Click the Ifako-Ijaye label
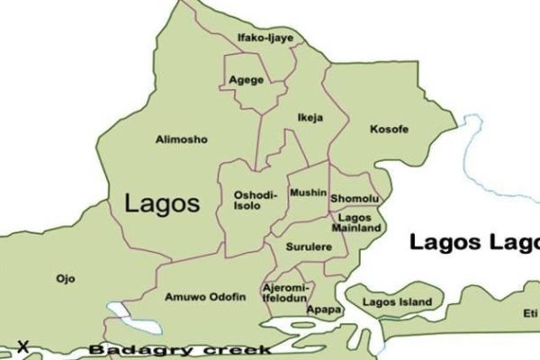[265, 38]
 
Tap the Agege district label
[246, 79]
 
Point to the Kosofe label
[389, 130]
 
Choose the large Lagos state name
[161, 202]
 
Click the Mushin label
[306, 193]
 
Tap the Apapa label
[324, 310]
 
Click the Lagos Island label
[396, 301]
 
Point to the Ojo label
[65, 278]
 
